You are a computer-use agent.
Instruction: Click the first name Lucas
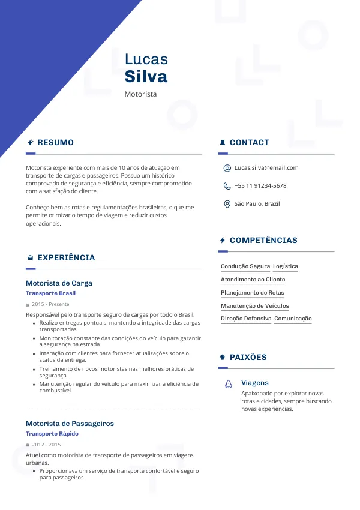pyautogui.click(x=146, y=59)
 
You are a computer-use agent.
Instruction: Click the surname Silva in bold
pyautogui.click(x=146, y=77)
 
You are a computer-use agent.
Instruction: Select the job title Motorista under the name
pyautogui.click(x=140, y=94)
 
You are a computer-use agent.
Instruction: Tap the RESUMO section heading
pyautogui.click(x=55, y=143)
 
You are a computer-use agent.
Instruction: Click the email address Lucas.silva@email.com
pyautogui.click(x=266, y=168)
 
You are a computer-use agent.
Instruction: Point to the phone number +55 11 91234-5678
pyautogui.click(x=260, y=186)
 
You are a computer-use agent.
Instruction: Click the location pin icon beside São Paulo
pyautogui.click(x=227, y=204)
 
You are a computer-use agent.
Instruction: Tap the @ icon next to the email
pyautogui.click(x=227, y=168)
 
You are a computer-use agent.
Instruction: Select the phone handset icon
pyautogui.click(x=227, y=186)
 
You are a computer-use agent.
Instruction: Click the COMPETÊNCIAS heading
pyautogui.click(x=263, y=240)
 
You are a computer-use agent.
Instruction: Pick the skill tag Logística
pyautogui.click(x=286, y=266)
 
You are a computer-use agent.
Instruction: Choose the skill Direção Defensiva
pyautogui.click(x=246, y=319)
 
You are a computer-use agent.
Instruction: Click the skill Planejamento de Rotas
pyautogui.click(x=253, y=293)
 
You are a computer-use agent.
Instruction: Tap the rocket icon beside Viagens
pyautogui.click(x=229, y=383)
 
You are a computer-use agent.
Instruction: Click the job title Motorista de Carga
pyautogui.click(x=59, y=283)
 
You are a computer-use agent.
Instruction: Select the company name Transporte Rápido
pyautogui.click(x=52, y=434)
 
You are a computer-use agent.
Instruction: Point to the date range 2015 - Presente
pyautogui.click(x=50, y=305)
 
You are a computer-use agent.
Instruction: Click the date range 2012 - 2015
pyautogui.click(x=46, y=445)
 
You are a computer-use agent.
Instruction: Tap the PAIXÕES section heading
pyautogui.click(x=248, y=357)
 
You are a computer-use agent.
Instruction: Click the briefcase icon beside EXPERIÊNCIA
pyautogui.click(x=30, y=258)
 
